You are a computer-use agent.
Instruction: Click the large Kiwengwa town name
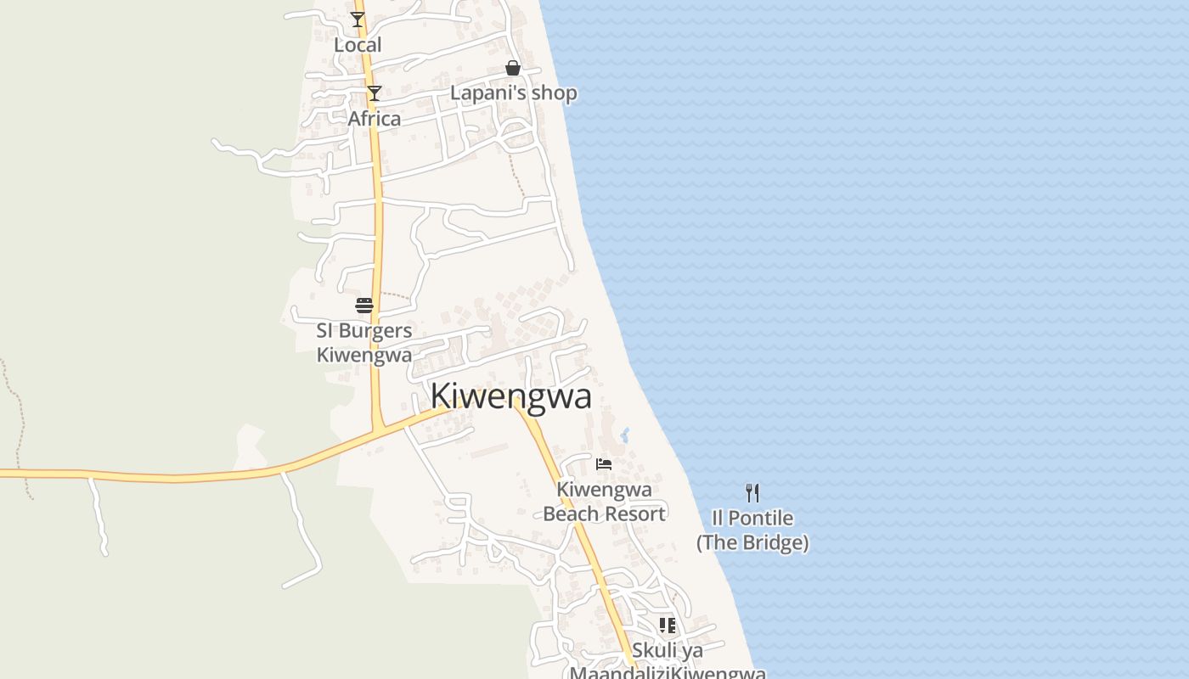[x=510, y=396]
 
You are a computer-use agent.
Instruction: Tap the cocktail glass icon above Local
[x=358, y=20]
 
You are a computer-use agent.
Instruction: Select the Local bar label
[x=358, y=45]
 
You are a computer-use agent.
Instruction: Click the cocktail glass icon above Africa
[x=374, y=93]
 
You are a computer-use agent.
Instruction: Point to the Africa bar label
[x=375, y=119]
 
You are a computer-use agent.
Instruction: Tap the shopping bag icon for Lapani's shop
[x=513, y=68]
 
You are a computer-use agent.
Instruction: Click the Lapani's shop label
[x=514, y=93]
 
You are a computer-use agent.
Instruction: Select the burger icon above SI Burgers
[x=364, y=306]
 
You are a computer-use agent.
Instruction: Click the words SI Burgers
[x=364, y=331]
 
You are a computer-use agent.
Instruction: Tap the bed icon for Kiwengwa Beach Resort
[x=604, y=463]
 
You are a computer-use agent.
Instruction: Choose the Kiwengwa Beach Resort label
[x=604, y=502]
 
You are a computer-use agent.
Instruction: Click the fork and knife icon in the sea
[x=752, y=492]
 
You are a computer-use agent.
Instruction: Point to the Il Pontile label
[x=752, y=518]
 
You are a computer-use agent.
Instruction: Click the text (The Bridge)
[x=752, y=542]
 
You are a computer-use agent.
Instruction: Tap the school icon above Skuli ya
[x=668, y=626]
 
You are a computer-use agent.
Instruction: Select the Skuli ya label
[x=668, y=651]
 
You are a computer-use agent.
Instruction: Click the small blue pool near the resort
[x=625, y=435]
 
